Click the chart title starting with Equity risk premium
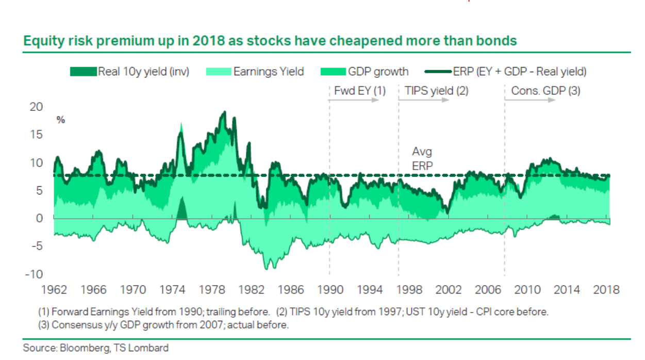[270, 41]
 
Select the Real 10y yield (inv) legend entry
[130, 72]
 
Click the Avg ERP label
[422, 159]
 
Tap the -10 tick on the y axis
[32, 274]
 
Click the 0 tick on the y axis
[39, 218]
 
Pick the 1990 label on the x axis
[329, 290]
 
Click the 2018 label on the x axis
[605, 290]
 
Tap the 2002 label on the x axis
[448, 290]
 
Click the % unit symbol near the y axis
[61, 120]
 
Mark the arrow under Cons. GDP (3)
[531, 100]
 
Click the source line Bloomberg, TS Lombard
[96, 348]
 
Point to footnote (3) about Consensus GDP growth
[164, 325]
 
